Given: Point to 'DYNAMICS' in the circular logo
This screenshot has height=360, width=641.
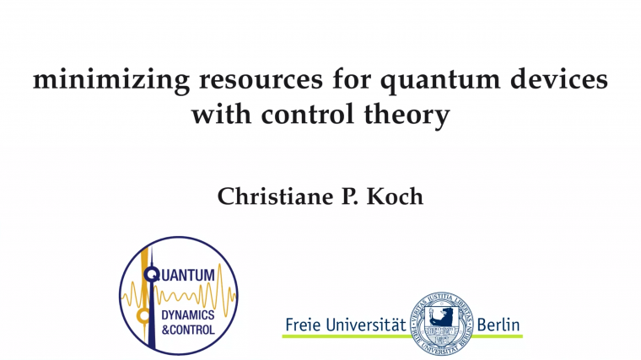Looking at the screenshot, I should pyautogui.click(x=187, y=315).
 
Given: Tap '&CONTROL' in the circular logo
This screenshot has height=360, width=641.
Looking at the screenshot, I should pyautogui.click(x=187, y=330).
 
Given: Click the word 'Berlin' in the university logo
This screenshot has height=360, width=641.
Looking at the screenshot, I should pyautogui.click(x=498, y=324).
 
